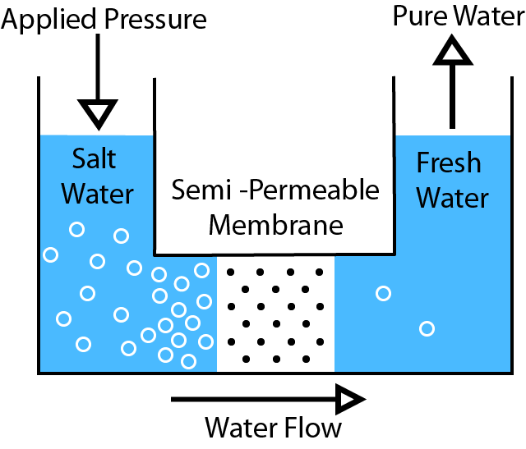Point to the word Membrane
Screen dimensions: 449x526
(275, 222)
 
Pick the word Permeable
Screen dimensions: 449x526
(316, 191)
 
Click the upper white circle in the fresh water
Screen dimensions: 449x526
(383, 293)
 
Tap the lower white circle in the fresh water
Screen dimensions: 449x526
(427, 329)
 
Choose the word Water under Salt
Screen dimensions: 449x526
(97, 194)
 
